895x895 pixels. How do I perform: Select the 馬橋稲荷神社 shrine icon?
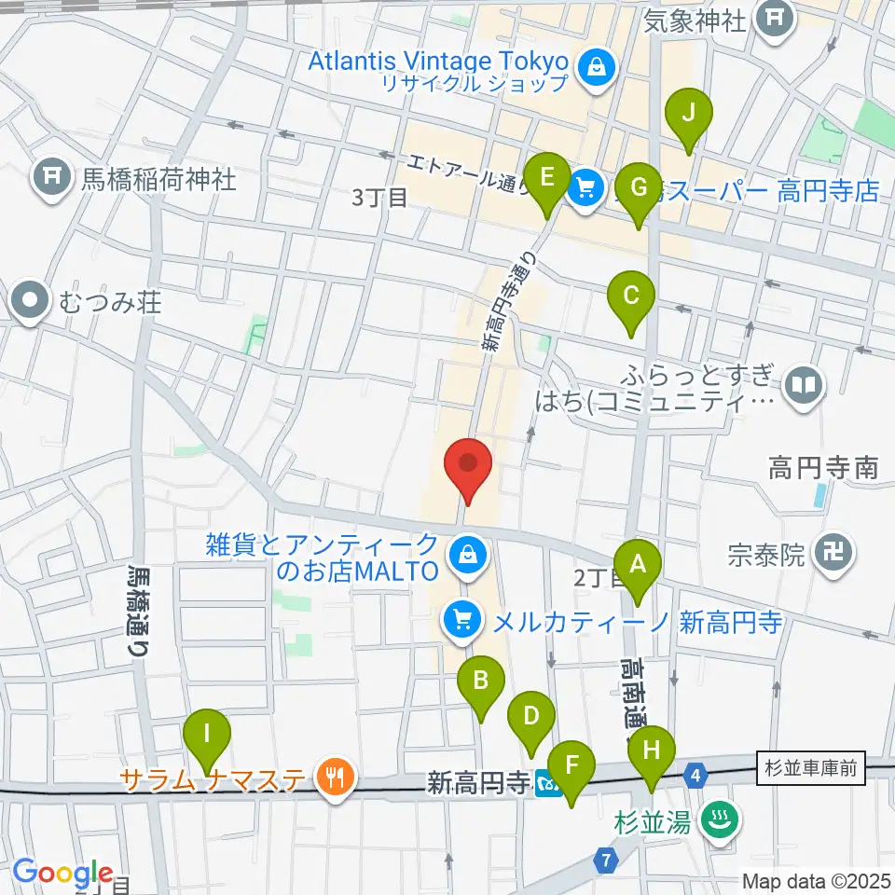point(50,178)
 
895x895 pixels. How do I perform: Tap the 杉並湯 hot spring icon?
point(720,820)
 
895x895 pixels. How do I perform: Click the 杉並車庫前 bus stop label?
point(811,766)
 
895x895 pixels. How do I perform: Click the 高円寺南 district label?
point(823,467)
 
